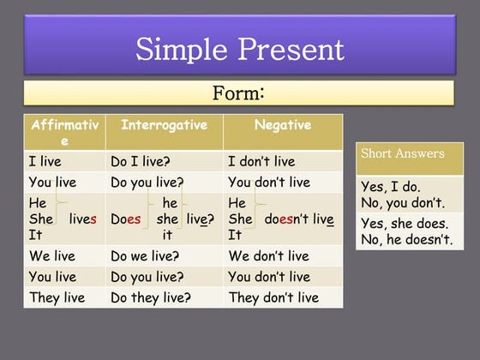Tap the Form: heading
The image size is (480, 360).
coord(237,93)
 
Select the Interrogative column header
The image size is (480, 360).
coord(164,125)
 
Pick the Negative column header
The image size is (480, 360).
coord(283,125)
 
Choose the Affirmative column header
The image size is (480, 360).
coord(64,132)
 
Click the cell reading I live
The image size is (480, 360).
coord(45,161)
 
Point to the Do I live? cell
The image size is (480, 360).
coord(141,161)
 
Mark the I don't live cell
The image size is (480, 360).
coord(261,161)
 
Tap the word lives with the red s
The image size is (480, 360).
coord(83,219)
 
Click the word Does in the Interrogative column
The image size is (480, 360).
coord(126,219)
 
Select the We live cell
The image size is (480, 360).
coord(51,256)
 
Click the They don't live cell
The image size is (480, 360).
coord(273,297)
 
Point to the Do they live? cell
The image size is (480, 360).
coord(151,297)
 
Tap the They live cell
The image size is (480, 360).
coord(54,297)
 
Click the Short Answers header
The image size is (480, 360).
coord(402,154)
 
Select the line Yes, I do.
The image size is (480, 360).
coord(390,186)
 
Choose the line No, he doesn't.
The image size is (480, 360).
coord(407,239)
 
